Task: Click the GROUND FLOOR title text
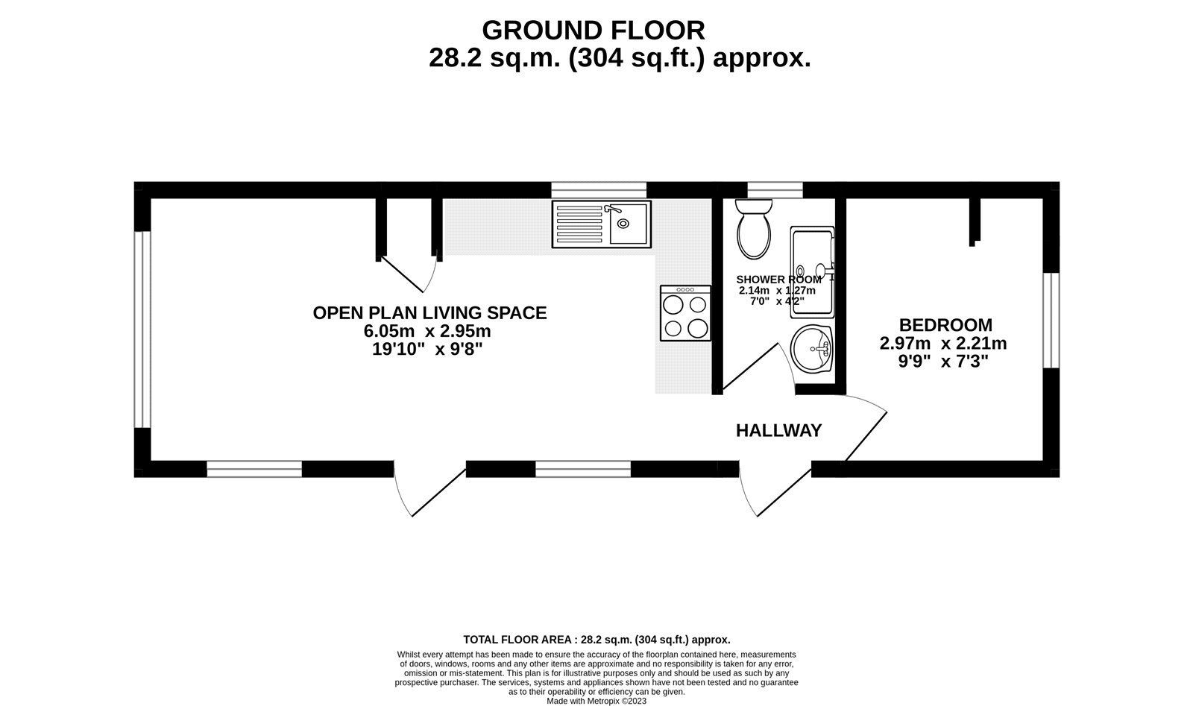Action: pos(593,31)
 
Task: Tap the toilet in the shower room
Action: pos(754,230)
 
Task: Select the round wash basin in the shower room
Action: pos(812,349)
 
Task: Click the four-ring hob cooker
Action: pos(685,314)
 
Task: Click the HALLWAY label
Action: pos(778,431)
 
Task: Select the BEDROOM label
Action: pos(945,325)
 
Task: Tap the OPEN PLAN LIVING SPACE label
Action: pos(429,313)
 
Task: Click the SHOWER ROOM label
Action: pos(778,280)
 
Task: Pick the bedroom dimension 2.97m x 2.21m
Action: pos(943,344)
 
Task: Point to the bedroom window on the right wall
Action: pos(1051,320)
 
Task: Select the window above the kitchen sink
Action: pos(599,189)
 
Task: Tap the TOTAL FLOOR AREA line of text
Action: pos(596,640)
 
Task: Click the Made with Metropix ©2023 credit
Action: pos(596,701)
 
